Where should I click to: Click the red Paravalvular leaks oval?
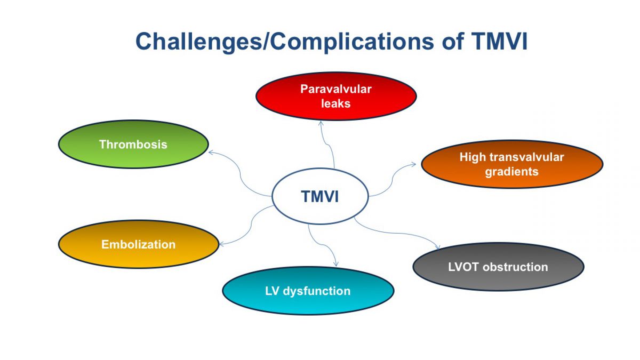336,96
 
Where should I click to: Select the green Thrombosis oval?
133,144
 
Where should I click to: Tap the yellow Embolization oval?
139,244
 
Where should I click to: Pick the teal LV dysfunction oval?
308,291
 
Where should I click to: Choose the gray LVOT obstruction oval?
498,267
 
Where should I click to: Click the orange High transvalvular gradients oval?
512,164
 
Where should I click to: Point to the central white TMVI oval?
320,196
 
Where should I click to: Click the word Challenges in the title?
198,42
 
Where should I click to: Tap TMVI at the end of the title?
499,42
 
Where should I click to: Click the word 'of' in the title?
453,42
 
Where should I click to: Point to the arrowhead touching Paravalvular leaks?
321,123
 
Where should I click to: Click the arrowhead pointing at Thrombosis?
211,153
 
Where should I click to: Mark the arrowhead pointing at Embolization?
222,244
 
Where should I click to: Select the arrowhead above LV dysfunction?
336,264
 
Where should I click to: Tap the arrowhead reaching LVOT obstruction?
437,247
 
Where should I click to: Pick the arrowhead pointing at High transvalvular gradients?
413,164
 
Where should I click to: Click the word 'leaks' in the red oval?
335,103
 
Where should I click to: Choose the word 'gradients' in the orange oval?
511,172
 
